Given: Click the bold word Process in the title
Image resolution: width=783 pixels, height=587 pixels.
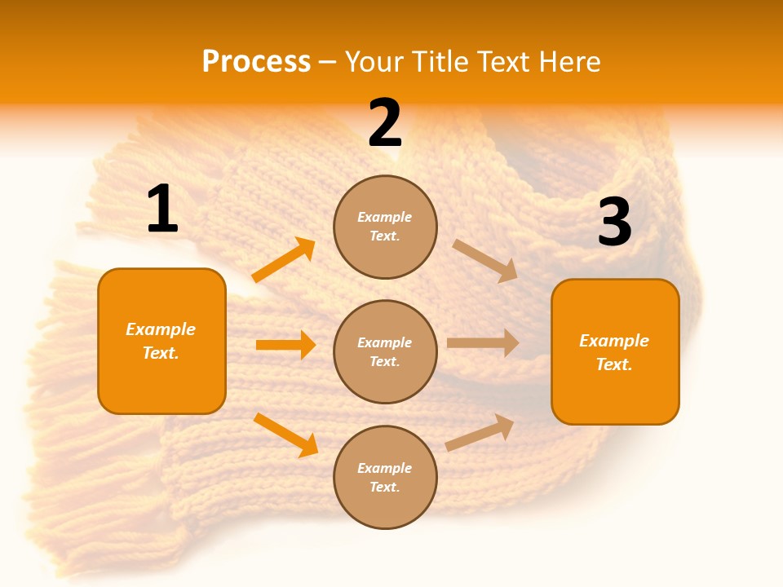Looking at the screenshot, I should (256, 62).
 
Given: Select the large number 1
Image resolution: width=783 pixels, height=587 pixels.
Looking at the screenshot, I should (162, 210).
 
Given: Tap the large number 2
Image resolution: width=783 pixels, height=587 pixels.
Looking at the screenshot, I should (385, 124).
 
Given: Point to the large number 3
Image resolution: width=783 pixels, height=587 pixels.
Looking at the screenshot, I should (614, 223).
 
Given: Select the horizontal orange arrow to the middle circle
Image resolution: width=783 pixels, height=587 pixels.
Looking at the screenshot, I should (285, 345).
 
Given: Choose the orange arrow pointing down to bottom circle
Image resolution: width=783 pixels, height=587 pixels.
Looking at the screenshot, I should (285, 435).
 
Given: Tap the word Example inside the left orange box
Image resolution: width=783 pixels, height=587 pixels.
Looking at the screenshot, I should (161, 329).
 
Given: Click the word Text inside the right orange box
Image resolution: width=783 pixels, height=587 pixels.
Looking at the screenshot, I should (613, 364).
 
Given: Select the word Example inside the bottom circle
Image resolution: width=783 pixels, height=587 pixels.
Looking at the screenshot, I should (385, 468).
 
